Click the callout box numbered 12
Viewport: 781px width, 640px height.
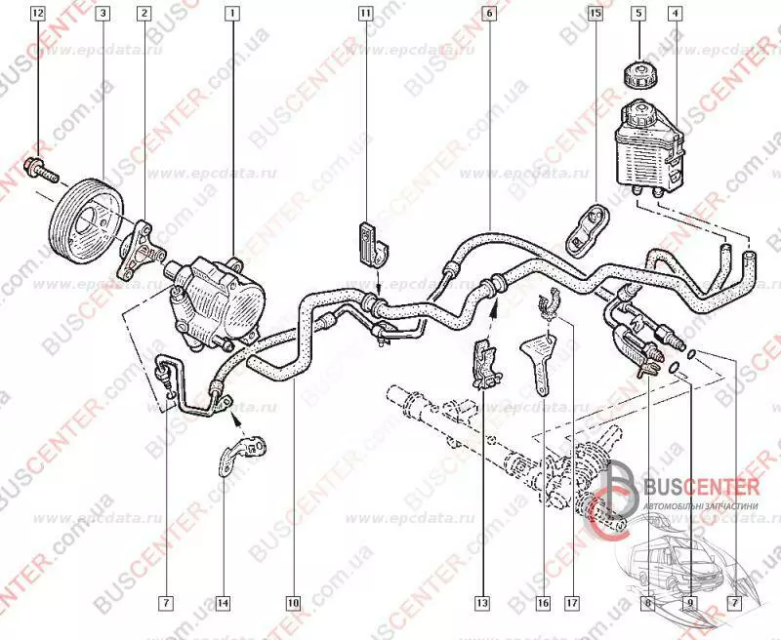click(37, 14)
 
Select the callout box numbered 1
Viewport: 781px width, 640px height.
click(231, 14)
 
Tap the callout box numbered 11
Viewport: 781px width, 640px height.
click(364, 14)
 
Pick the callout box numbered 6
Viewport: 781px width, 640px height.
click(488, 14)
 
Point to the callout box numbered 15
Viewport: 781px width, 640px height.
click(596, 14)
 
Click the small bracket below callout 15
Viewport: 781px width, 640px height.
click(588, 225)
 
